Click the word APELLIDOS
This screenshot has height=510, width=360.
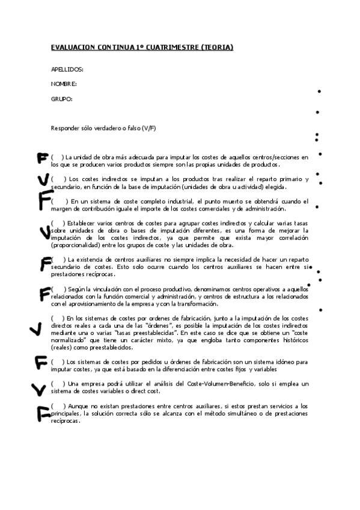click(67, 70)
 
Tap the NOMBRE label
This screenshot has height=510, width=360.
click(64, 84)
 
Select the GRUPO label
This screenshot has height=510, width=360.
click(62, 99)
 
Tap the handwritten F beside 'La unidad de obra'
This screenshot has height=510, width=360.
click(42, 158)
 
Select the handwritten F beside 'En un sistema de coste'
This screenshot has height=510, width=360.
click(44, 200)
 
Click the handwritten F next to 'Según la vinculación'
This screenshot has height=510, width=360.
click(44, 293)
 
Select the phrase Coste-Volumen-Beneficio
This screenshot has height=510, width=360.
click(225, 384)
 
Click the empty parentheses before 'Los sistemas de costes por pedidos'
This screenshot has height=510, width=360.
click(58, 362)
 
